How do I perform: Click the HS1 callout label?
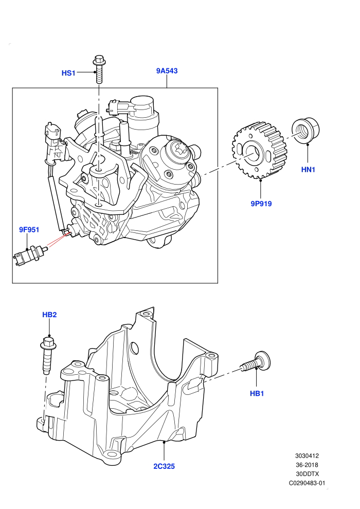[68, 73]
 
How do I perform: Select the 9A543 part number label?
[167, 71]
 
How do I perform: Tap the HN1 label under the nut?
[308, 170]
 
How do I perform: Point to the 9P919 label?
[261, 204]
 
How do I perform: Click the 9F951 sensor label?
[29, 230]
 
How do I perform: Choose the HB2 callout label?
[49, 315]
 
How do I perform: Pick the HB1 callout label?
[257, 393]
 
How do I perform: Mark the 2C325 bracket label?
[164, 466]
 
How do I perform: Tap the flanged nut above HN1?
[306, 131]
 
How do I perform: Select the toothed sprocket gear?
[260, 151]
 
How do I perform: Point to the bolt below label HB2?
[47, 356]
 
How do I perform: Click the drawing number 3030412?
[307, 456]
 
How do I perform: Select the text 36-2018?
[307, 465]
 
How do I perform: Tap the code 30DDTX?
[307, 474]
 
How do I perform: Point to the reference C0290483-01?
[307, 483]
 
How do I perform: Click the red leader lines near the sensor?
[58, 239]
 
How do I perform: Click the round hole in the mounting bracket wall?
[133, 348]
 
